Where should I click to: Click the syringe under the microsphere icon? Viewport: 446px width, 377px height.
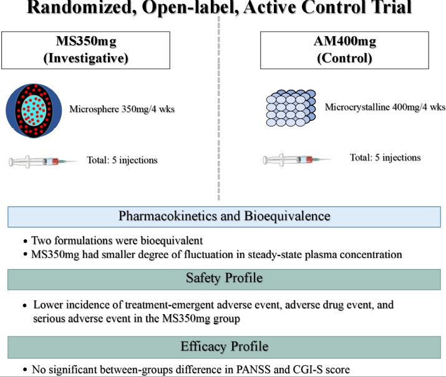click(44, 161)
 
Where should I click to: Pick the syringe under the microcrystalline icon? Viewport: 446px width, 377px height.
click(297, 160)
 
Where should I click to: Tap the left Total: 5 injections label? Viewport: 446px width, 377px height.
click(123, 160)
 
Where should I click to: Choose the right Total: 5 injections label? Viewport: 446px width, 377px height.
click(385, 157)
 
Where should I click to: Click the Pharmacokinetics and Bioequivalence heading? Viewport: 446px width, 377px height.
click(223, 217)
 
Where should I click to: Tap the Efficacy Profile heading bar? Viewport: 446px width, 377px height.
click(223, 346)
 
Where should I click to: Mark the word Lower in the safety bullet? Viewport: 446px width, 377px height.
click(47, 305)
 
